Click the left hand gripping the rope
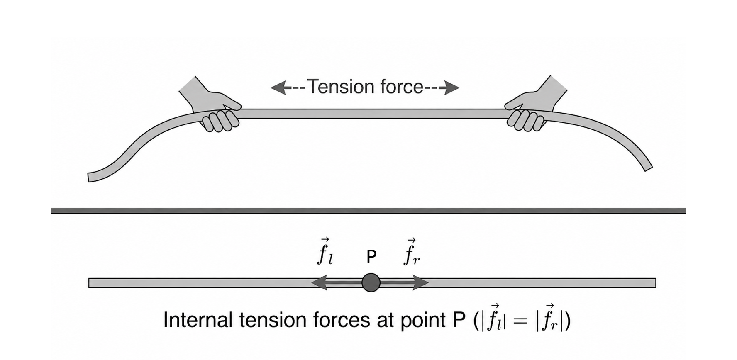click(216, 112)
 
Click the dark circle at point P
click(371, 283)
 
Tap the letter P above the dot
click(371, 257)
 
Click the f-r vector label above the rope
click(411, 252)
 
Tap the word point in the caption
click(424, 320)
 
